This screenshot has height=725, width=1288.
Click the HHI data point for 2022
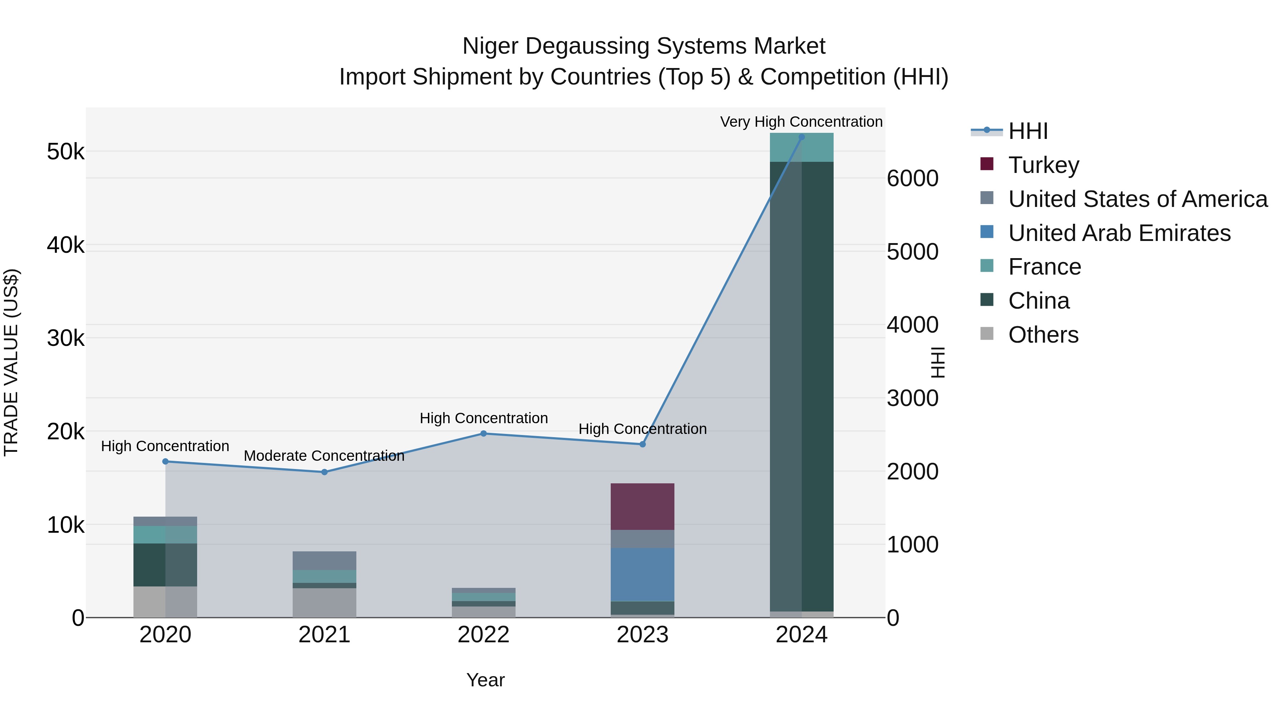(x=483, y=434)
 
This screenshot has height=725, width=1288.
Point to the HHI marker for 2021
(x=324, y=472)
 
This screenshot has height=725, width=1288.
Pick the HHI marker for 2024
(x=801, y=137)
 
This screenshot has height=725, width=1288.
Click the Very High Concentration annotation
(x=801, y=122)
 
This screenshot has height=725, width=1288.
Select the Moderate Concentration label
(x=324, y=456)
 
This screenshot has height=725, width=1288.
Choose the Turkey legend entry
(x=1044, y=165)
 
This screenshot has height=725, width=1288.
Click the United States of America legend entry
(x=1137, y=199)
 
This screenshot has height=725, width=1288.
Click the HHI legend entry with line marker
(x=1028, y=131)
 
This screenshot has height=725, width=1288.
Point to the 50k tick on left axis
(x=65, y=151)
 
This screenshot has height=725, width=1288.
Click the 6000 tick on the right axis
(x=912, y=179)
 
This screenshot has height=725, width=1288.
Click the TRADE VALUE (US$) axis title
(x=11, y=362)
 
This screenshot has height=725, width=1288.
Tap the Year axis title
(x=485, y=680)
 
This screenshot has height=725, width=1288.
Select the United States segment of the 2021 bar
(x=324, y=560)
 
